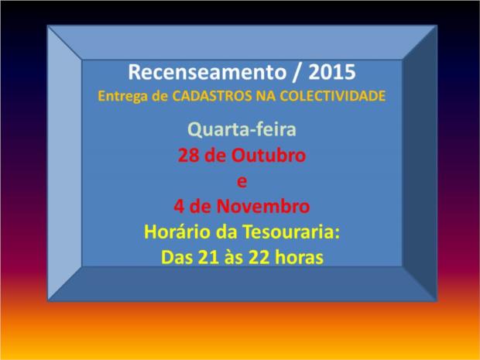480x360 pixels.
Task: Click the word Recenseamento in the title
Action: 207,72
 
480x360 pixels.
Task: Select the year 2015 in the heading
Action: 332,72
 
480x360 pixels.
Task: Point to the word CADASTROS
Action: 212,96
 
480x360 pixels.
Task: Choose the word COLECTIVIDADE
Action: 332,96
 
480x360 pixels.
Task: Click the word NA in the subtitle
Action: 266,96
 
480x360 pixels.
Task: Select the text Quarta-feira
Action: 242,129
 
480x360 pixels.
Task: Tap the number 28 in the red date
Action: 189,155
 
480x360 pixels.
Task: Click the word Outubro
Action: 269,155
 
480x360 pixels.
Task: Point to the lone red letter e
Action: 242,182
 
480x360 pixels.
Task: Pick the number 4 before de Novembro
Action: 179,207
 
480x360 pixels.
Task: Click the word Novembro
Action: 263,207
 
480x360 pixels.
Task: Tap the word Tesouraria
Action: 291,231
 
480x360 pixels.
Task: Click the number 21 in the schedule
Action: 208,258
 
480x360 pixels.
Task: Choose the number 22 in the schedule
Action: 259,258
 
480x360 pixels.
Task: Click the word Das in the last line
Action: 177,258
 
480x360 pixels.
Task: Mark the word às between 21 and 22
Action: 234,257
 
